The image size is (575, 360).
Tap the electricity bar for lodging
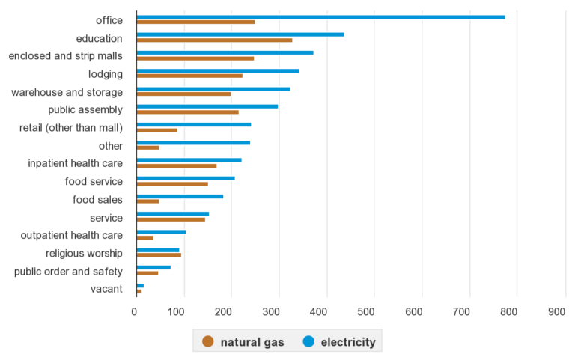(x=217, y=70)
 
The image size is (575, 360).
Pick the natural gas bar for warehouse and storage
(x=183, y=94)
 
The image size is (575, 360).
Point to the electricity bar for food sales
(x=180, y=196)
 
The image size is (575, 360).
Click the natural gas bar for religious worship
(x=159, y=254)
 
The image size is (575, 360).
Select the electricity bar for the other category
(x=193, y=142)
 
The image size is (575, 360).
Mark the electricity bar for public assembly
(x=207, y=106)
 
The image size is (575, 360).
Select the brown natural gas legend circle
(x=207, y=342)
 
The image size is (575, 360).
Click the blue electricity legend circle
(x=308, y=342)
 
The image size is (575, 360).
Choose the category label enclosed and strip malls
(x=65, y=56)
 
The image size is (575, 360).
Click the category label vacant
(x=107, y=289)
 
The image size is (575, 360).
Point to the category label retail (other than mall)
(x=71, y=128)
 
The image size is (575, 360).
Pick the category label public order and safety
(x=68, y=271)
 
